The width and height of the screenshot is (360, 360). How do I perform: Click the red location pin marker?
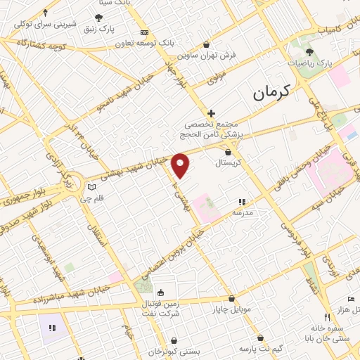pos(181,165)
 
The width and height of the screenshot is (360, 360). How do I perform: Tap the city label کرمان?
pos(269,92)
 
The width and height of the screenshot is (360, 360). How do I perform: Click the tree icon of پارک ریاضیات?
pos(309,53)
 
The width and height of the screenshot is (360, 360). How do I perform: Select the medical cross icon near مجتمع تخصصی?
pos(210,112)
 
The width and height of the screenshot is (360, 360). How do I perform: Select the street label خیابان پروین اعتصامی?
pos(177,250)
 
